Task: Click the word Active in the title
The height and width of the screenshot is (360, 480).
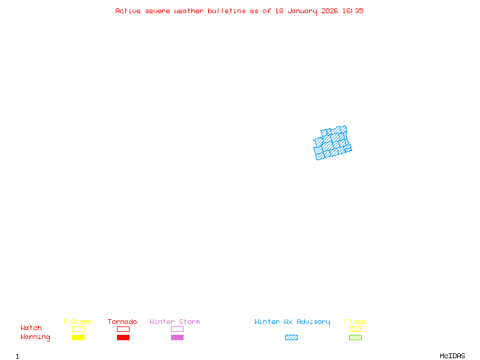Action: [128, 11]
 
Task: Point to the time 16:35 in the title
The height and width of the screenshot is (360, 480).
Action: [353, 11]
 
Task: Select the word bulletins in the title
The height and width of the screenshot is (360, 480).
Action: [227, 11]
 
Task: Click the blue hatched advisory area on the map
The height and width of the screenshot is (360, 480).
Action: [332, 145]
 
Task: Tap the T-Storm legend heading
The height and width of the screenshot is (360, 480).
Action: [77, 322]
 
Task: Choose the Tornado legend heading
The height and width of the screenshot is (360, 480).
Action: [122, 322]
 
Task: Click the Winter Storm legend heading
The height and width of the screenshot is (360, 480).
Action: [175, 322]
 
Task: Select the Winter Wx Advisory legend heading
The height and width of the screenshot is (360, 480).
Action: [292, 322]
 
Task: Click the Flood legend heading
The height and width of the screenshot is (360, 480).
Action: [355, 322]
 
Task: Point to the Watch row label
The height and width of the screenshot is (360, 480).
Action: [31, 328]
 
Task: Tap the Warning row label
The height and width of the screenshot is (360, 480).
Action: [35, 337]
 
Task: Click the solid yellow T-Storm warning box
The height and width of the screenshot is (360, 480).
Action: [78, 337]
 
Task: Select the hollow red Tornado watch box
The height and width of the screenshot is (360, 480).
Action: [123, 329]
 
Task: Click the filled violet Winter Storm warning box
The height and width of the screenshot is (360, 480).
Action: [177, 337]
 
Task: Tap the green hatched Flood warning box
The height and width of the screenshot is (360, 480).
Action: [355, 337]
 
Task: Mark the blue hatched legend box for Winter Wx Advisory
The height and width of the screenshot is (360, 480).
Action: [291, 337]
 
